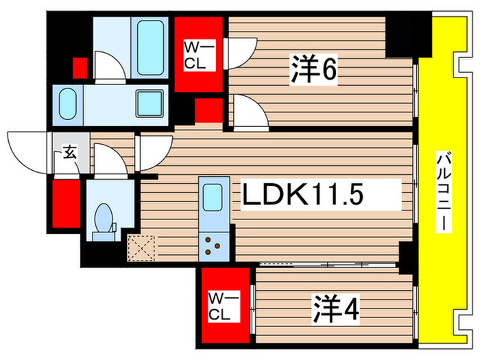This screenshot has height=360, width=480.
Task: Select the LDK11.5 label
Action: pyautogui.click(x=320, y=196)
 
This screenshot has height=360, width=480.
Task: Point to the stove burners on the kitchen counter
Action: pyautogui.click(x=213, y=245)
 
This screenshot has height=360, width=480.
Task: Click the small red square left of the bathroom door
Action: pyautogui.click(x=80, y=67)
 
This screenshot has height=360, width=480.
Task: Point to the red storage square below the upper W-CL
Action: pyautogui.click(x=208, y=110)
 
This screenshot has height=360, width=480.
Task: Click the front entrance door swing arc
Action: pyautogui.click(x=27, y=146)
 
